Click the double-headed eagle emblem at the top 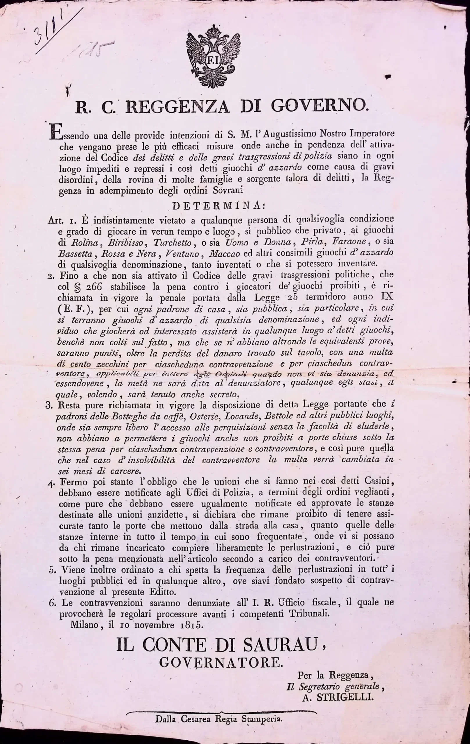(x=214, y=58)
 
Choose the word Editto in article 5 (x=162, y=592)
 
